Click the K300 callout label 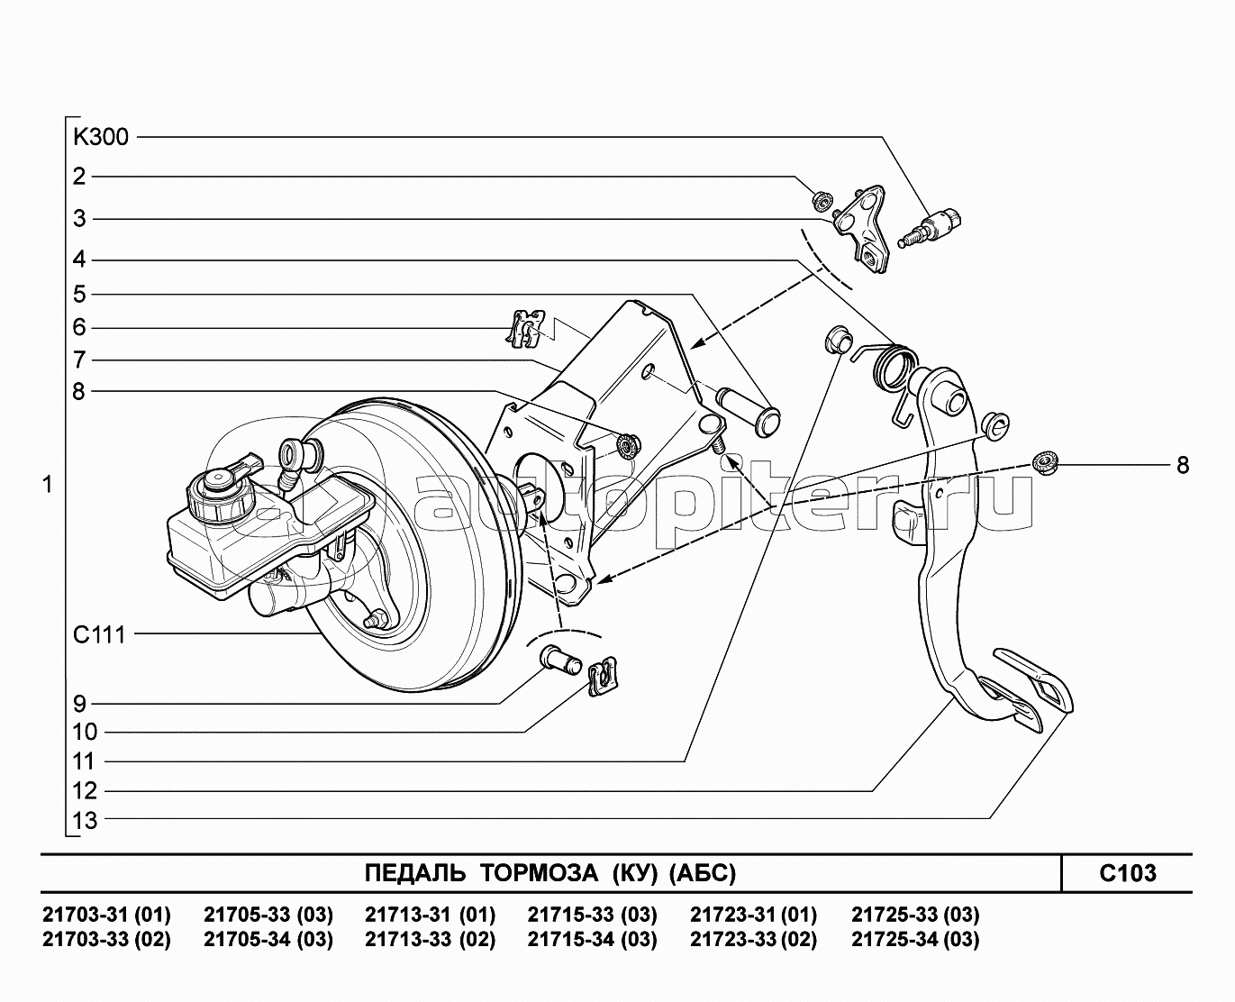click(x=101, y=138)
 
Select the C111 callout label click(x=99, y=634)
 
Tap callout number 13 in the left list click(x=86, y=820)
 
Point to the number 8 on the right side click(x=1182, y=465)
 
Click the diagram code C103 click(x=1127, y=873)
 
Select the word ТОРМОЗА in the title click(x=538, y=873)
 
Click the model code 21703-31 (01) click(x=106, y=915)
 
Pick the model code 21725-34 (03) click(x=915, y=940)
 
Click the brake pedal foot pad click(x=1034, y=681)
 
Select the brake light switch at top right click(x=934, y=225)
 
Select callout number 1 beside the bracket click(x=48, y=485)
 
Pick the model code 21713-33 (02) click(x=430, y=940)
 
